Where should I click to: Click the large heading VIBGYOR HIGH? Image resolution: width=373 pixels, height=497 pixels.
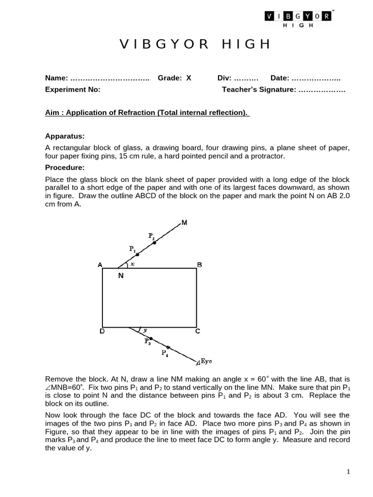195,45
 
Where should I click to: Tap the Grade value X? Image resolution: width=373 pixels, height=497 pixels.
188,78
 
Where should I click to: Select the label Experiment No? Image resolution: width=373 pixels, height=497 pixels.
72,89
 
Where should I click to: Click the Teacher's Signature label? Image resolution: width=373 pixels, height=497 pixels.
258,89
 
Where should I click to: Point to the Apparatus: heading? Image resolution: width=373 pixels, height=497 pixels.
65,136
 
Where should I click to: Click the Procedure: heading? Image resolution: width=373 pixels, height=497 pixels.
65,167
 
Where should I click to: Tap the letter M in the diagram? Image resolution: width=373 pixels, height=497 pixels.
184,223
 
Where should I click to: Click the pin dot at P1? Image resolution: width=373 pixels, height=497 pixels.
137,254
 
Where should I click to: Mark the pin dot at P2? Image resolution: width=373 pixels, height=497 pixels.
154,243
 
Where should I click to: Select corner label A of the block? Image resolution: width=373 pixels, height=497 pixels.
100,265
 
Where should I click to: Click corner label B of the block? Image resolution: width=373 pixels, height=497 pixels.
199,265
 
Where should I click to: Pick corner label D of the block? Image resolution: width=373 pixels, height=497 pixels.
102,331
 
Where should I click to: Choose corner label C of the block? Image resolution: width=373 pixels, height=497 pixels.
198,331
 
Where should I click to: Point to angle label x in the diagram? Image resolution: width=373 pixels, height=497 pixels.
132,264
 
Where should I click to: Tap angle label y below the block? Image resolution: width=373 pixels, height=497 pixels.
145,330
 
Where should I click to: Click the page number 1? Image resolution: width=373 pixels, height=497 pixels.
349,472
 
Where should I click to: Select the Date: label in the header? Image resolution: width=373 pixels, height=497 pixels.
280,78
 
